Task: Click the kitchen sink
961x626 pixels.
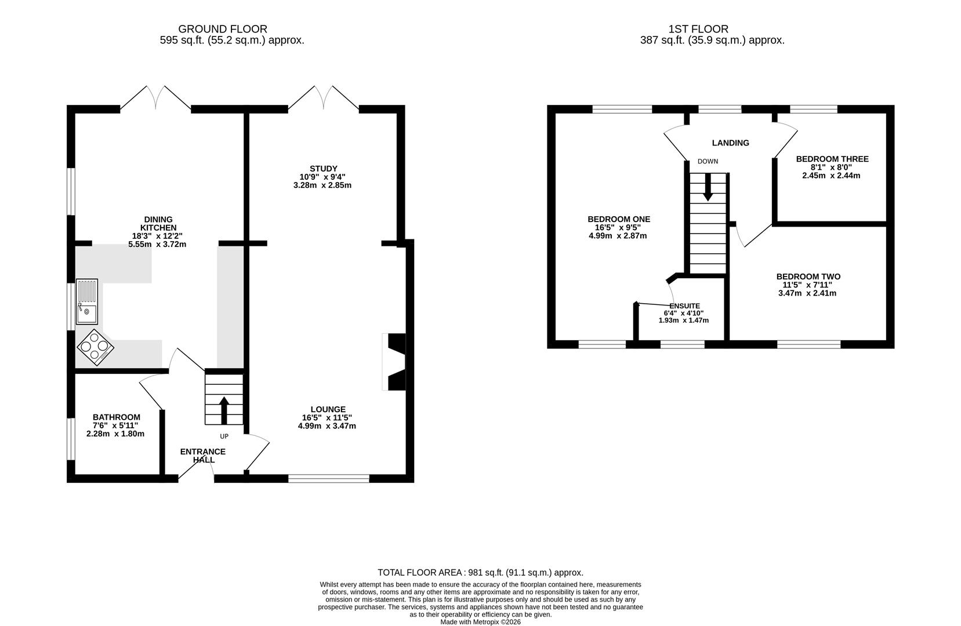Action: pos(87,301)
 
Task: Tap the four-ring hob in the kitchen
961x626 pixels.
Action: pos(95,347)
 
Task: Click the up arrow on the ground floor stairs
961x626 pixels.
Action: pos(224,410)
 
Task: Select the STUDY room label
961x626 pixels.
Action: pos(324,169)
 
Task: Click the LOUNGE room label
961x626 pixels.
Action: pos(328,409)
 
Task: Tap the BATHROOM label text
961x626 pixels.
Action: pos(117,417)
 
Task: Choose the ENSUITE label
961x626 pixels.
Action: pos(685,306)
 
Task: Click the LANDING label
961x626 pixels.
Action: pos(731,143)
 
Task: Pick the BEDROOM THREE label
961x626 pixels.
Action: pos(832,159)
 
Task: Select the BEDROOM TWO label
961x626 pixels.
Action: pos(808,276)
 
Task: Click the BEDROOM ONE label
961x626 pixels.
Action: pos(619,219)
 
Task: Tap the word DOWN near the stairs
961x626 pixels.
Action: pos(708,162)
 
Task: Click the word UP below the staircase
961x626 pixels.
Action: pos(224,436)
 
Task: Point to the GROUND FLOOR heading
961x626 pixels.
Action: pos(223,29)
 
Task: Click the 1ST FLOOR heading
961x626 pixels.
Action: pos(698,29)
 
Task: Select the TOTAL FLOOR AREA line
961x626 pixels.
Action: pos(480,573)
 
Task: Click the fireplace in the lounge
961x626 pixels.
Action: pos(395,362)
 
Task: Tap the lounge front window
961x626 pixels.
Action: pos(329,479)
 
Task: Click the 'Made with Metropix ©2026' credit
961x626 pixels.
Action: pos(480,622)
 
